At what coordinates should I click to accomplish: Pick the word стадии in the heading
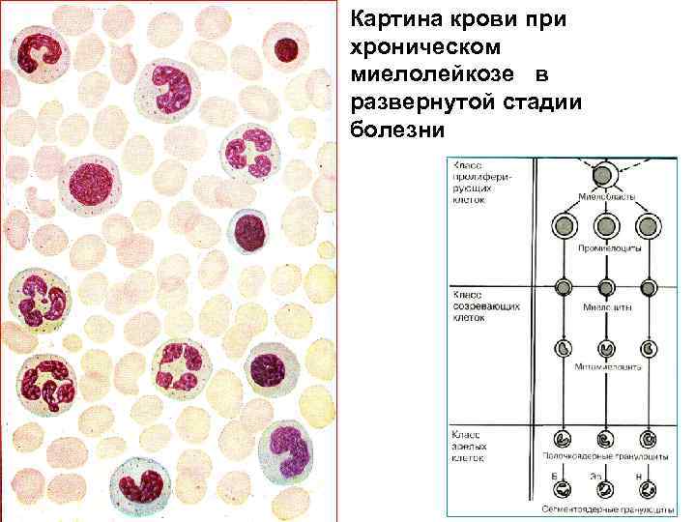(536, 102)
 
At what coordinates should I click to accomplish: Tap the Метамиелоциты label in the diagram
(607, 368)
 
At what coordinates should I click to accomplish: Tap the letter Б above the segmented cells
(555, 477)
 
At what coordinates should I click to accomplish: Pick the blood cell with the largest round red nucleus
(94, 184)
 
